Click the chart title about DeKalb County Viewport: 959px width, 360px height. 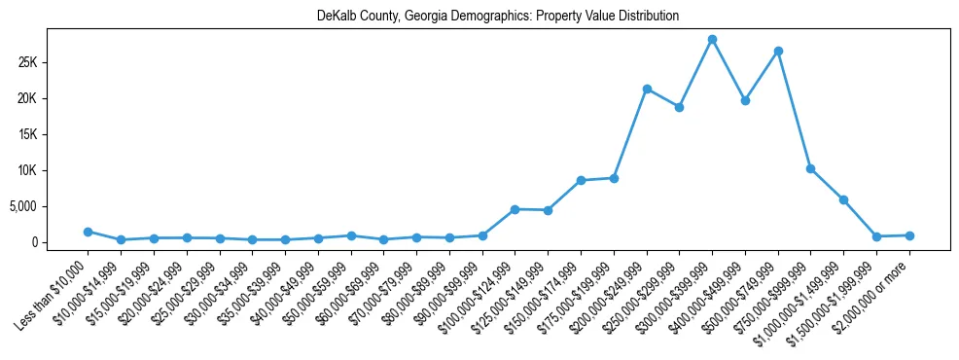coord(498,17)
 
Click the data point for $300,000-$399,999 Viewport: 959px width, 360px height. coord(712,39)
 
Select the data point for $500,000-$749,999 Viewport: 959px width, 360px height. coord(778,51)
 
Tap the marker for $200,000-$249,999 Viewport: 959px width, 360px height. coord(647,89)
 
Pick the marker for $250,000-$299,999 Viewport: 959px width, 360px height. coord(679,107)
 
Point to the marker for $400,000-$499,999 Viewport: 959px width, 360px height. coord(745,100)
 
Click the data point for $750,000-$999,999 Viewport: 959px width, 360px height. coord(810,168)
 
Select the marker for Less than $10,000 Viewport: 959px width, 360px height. coord(88,232)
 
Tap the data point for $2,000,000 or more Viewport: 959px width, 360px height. coord(909,235)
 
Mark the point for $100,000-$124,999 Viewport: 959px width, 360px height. coord(515,209)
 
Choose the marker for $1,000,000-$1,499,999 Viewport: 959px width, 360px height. coord(843,199)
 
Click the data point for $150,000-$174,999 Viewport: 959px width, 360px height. coord(581,180)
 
